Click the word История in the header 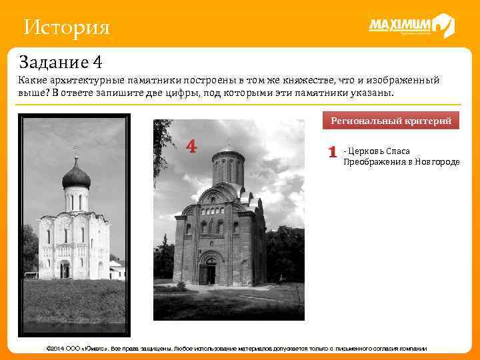click(x=65, y=27)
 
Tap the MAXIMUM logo click(x=411, y=26)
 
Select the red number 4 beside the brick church click(x=191, y=146)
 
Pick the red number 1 click(x=332, y=152)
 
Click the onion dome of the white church click(x=76, y=177)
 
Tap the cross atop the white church click(x=76, y=150)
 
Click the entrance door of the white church click(x=65, y=270)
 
